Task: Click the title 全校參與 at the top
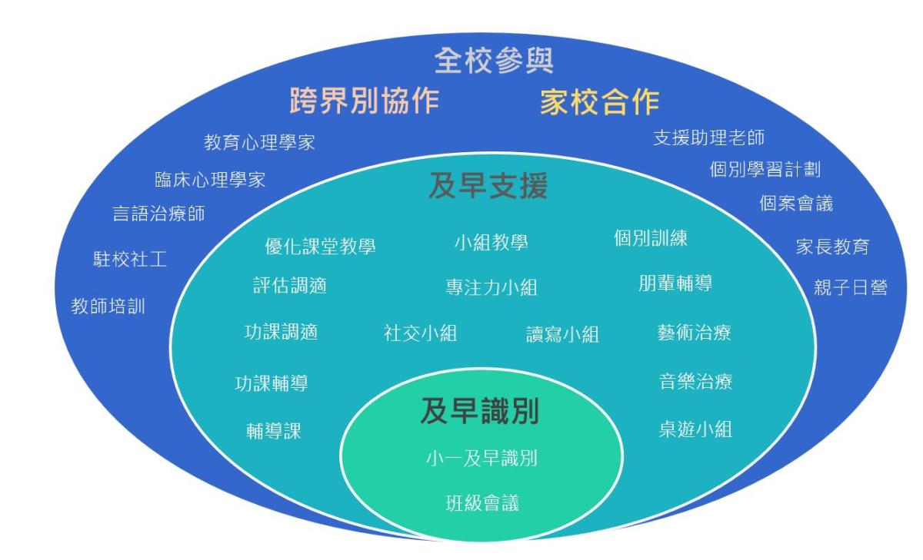(494, 61)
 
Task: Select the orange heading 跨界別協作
(365, 101)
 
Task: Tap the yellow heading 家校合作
(599, 101)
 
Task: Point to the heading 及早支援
(488, 186)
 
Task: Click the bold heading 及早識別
(480, 411)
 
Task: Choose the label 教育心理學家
(260, 142)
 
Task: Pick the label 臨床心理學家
(210, 180)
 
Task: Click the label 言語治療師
(158, 214)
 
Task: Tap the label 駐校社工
(130, 259)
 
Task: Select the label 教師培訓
(108, 307)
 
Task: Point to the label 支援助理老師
(708, 138)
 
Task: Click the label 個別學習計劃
(765, 169)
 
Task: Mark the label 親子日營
(851, 287)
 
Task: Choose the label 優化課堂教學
(320, 246)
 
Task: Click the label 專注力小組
(491, 287)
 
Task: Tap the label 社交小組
(420, 333)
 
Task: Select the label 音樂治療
(695, 382)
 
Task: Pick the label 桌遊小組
(695, 429)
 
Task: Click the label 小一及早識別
(481, 458)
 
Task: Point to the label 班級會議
(482, 503)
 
